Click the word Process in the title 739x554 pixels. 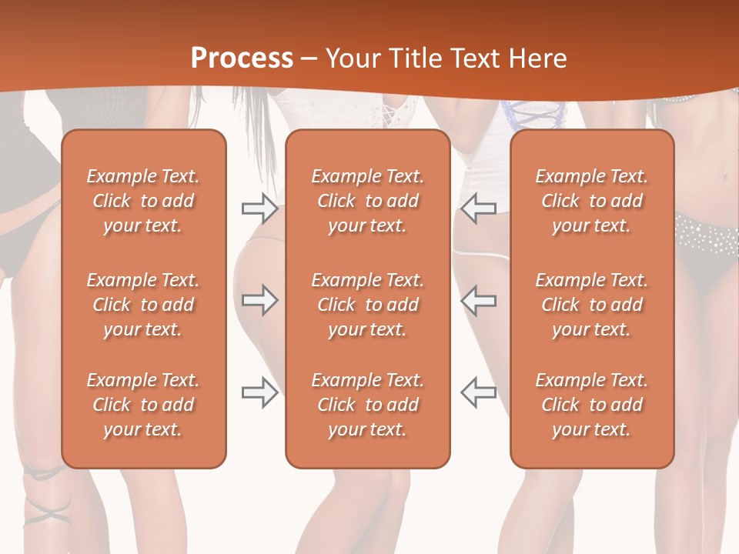242,58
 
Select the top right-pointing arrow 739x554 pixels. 259,209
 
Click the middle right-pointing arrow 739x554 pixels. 259,300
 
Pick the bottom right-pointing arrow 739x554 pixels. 259,392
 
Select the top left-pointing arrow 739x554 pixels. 479,209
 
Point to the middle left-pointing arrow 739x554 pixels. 479,300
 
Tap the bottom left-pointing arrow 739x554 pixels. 479,392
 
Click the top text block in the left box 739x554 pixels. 143,201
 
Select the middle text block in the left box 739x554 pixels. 143,305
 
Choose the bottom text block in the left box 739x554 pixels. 143,405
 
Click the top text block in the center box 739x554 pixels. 368,201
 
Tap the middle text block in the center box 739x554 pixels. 368,305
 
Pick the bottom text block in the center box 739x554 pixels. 368,405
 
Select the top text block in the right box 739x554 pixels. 592,201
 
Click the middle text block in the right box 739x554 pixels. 592,305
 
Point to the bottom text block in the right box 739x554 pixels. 592,405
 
